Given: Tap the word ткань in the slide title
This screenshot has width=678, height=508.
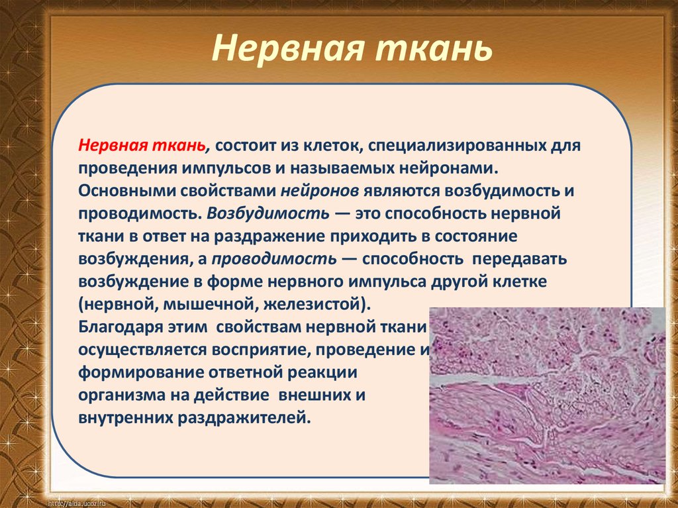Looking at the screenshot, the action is (433, 48).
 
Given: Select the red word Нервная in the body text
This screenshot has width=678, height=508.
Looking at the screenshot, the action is (113, 146).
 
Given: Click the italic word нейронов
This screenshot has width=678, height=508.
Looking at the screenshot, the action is (320, 191).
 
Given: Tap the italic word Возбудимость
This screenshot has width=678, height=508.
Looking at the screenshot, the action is (268, 214).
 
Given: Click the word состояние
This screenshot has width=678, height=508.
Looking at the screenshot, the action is (475, 236).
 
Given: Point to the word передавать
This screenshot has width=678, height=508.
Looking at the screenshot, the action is (519, 259).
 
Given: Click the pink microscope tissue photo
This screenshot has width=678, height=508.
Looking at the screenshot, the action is (547, 395).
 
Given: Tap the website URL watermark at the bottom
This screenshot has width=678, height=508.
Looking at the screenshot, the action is (77, 503).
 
